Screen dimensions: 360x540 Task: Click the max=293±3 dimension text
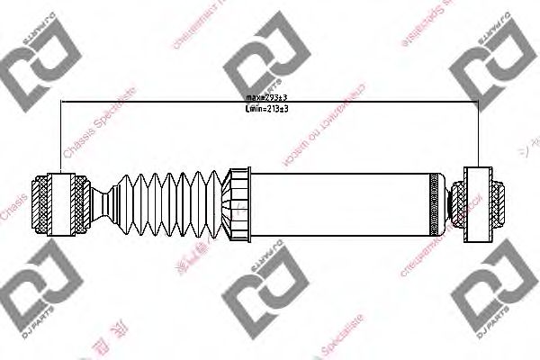click(x=266, y=96)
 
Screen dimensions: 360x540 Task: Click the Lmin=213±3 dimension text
click(x=266, y=108)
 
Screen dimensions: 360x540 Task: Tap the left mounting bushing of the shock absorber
click(x=59, y=203)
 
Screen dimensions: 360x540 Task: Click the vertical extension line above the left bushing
click(x=59, y=135)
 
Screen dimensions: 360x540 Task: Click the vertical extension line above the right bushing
click(x=478, y=135)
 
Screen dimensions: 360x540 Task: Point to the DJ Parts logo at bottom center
click(x=261, y=301)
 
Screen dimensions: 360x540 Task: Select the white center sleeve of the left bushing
click(x=59, y=203)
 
